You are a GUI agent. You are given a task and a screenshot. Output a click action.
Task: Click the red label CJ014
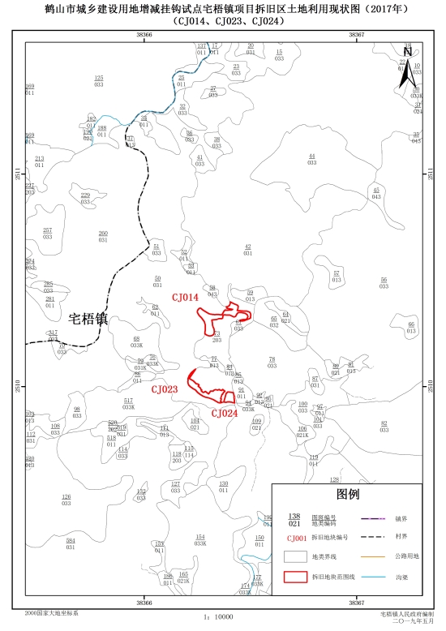(185, 298)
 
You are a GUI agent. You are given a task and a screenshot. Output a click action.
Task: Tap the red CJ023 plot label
(164, 389)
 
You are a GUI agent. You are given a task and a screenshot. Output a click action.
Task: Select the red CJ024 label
(225, 413)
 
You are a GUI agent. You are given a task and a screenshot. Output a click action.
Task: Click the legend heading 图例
(347, 495)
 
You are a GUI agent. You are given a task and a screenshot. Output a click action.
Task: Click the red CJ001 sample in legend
(295, 537)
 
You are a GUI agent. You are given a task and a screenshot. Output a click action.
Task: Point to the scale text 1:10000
(218, 617)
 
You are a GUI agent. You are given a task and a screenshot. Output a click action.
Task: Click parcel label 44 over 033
(311, 159)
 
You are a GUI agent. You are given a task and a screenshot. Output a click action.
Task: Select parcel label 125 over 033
(99, 80)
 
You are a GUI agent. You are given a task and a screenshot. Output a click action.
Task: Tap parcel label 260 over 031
(103, 237)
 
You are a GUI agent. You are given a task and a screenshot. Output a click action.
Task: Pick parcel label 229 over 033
(85, 199)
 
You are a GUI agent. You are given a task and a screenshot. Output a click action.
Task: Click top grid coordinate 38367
(355, 35)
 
